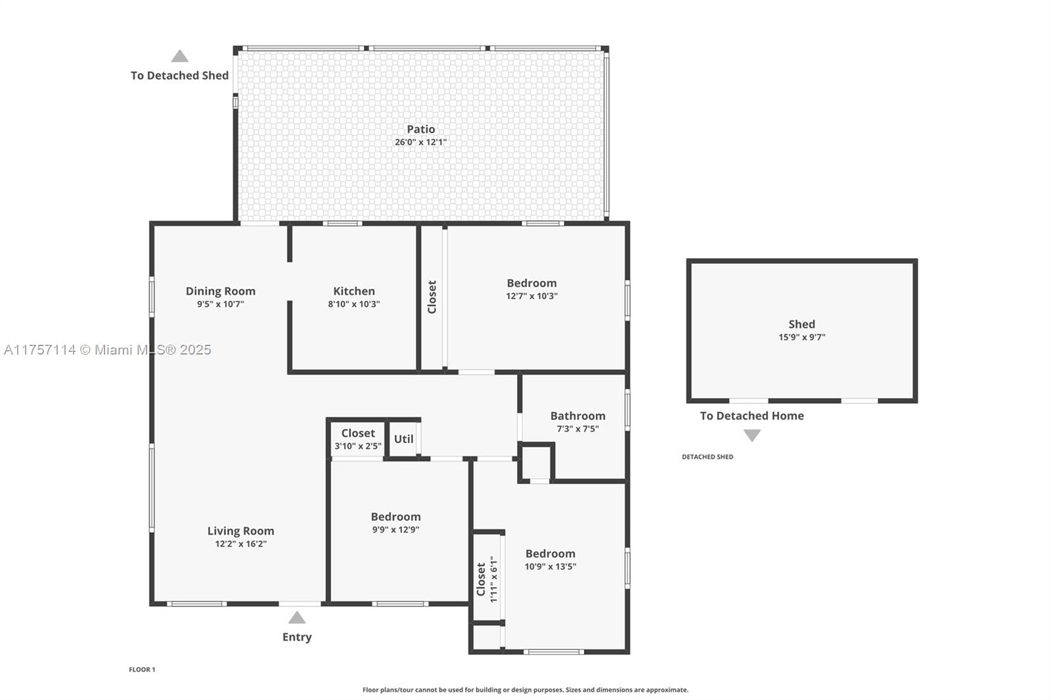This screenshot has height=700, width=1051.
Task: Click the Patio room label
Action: click(420, 129)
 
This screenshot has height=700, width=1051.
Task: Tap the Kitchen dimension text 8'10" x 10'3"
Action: click(354, 304)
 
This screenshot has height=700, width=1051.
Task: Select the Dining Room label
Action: click(220, 291)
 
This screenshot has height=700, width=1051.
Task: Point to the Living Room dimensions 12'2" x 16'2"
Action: click(240, 544)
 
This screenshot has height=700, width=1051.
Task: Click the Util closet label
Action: click(403, 439)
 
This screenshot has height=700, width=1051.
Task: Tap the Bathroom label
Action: click(577, 416)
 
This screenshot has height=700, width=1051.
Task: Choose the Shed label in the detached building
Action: click(801, 324)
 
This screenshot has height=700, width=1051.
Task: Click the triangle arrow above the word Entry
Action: click(297, 618)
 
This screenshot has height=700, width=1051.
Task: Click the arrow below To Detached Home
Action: click(752, 435)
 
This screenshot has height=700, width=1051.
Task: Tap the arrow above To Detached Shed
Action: click(180, 56)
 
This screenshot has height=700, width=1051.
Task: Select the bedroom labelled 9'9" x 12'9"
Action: click(395, 517)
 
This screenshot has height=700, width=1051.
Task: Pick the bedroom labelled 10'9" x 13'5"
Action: click(550, 554)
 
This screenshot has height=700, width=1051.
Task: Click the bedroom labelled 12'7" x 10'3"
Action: click(531, 283)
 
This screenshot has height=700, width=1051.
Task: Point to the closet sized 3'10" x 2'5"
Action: click(357, 433)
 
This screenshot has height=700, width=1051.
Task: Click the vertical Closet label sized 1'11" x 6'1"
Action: click(481, 579)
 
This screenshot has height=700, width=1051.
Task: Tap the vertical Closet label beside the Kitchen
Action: click(432, 297)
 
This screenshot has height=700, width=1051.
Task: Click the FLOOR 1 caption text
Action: click(142, 670)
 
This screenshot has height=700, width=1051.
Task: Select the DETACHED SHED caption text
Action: click(707, 457)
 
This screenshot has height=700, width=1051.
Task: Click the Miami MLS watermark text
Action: click(107, 350)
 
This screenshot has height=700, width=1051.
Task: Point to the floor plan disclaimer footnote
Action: click(525, 690)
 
